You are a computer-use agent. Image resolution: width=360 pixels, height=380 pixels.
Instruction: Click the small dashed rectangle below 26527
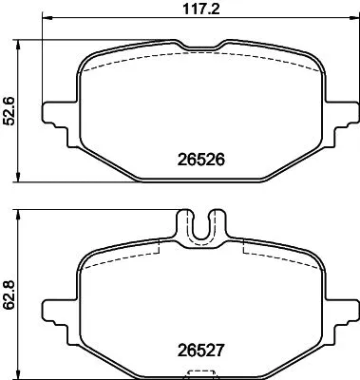click(199, 372)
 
